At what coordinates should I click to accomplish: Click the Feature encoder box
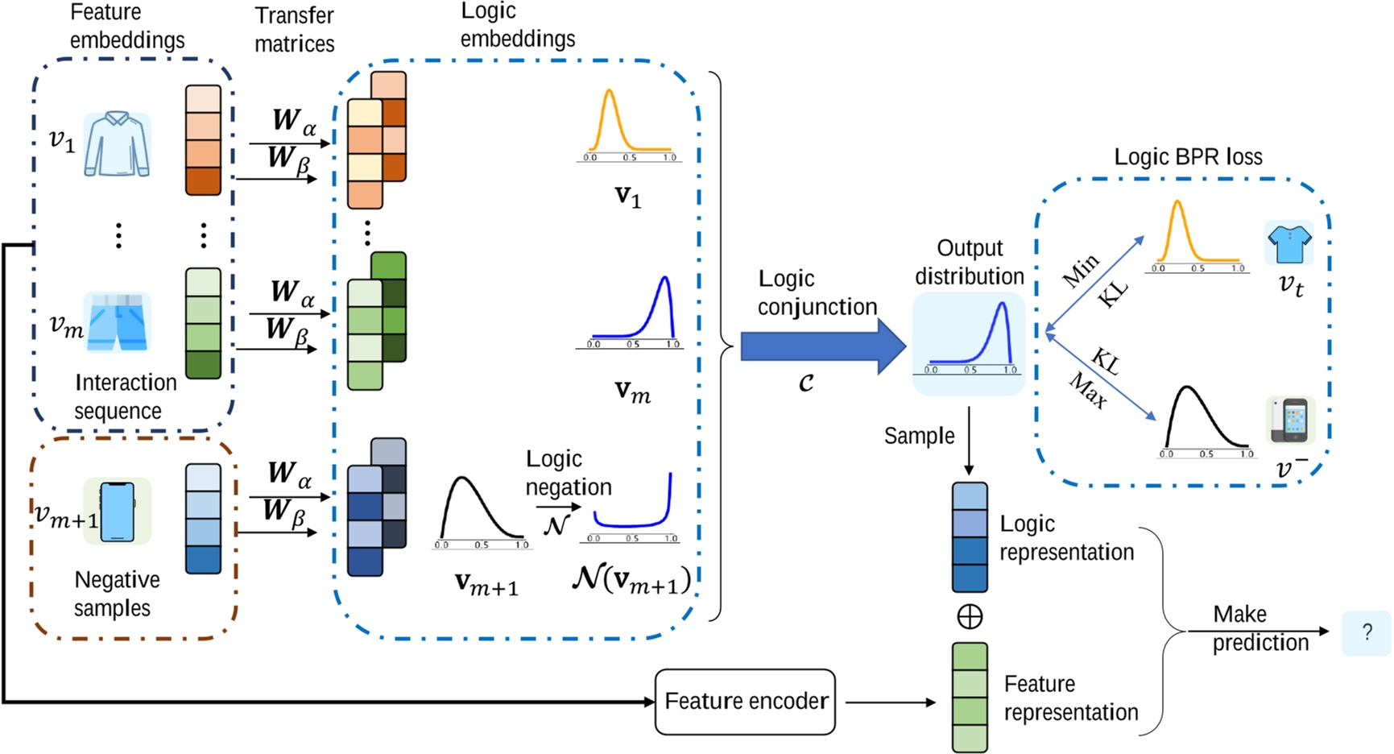coord(745,702)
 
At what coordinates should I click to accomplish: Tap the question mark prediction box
coord(1366,632)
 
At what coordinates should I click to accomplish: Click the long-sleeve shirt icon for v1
coord(118,145)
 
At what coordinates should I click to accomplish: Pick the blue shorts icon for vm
coord(118,321)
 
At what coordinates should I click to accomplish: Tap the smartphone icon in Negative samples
coord(118,511)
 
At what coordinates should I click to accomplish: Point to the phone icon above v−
coord(1291,420)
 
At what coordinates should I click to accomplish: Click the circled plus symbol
coord(970,617)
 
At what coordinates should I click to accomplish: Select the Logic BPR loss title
coord(1188,157)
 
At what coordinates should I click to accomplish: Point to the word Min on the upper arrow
coord(1081,271)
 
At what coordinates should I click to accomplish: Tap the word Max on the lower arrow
coord(1087,391)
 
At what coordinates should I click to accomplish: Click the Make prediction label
coord(1260,628)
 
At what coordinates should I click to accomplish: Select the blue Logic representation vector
coord(970,537)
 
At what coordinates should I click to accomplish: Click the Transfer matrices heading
coord(294,29)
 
